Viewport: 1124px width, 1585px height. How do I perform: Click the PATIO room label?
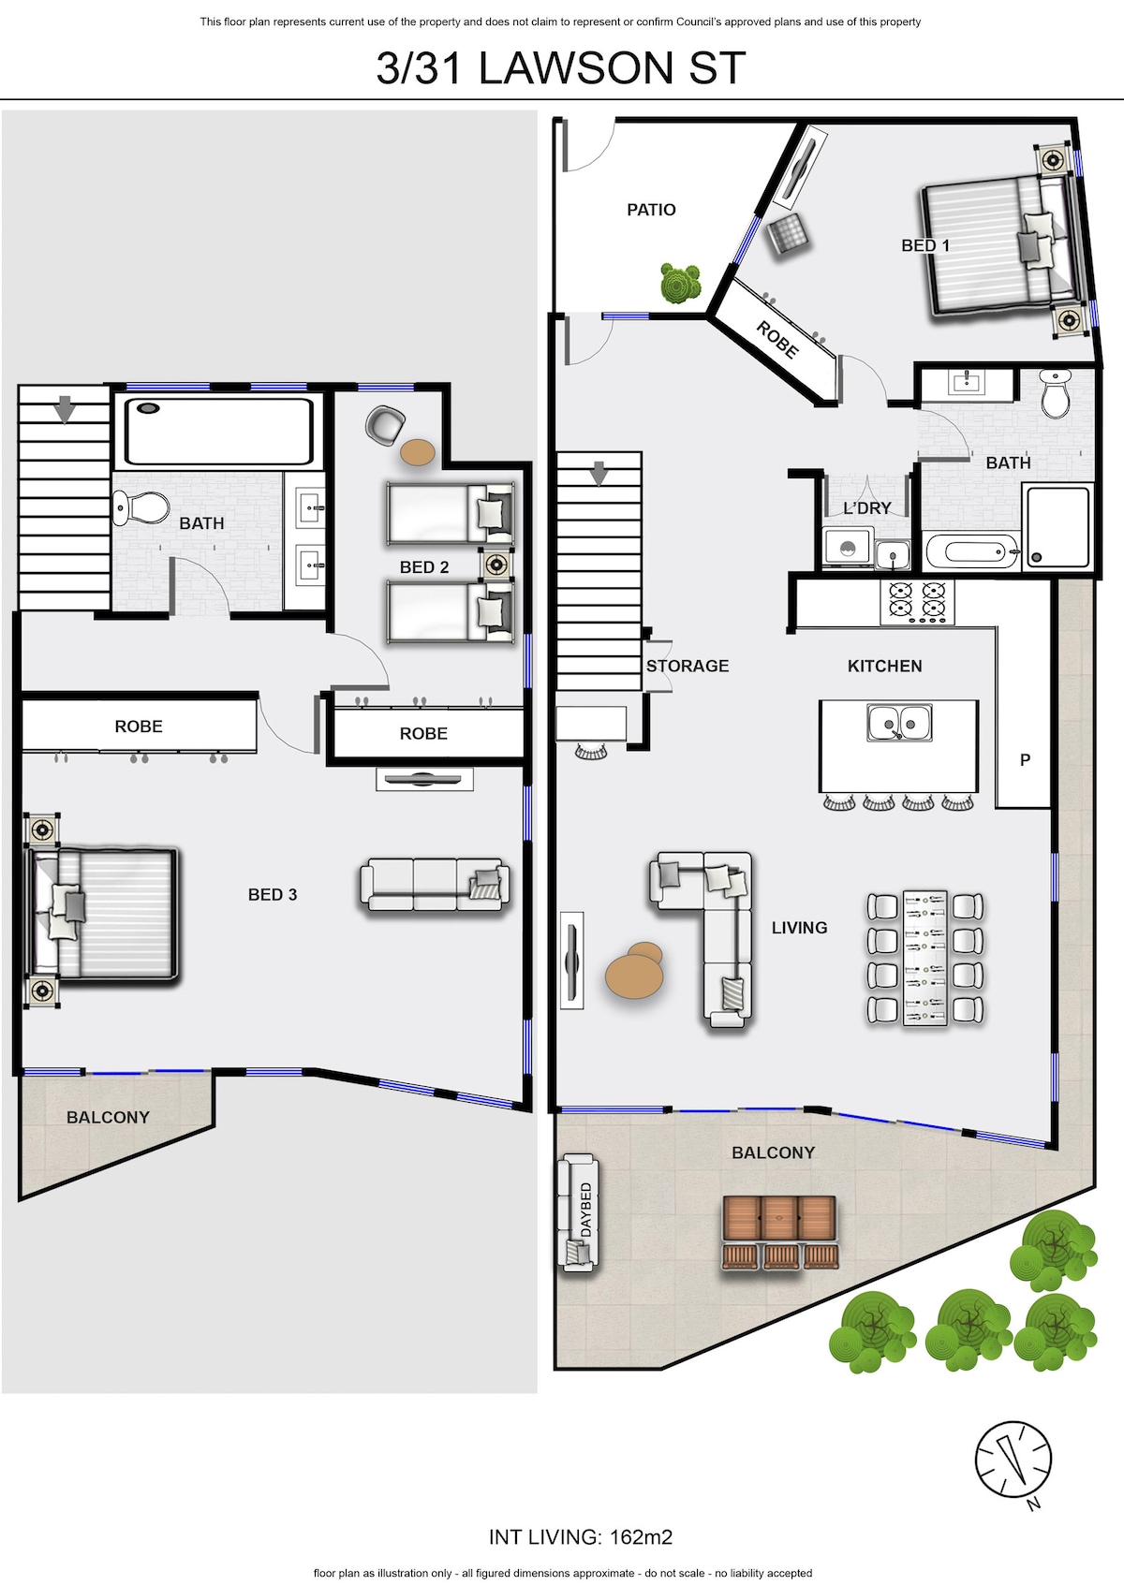coord(651,210)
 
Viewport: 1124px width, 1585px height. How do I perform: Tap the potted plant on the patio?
coord(680,283)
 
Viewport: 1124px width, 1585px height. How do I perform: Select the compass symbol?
coord(1013,1460)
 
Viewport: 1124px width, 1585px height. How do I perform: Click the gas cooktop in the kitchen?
coord(917,602)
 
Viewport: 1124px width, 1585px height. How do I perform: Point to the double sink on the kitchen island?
coord(899,723)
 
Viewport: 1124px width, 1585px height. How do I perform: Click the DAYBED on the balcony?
coord(578,1212)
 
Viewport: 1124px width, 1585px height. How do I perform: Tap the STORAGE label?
coord(688,666)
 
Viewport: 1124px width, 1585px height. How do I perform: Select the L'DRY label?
coord(867,508)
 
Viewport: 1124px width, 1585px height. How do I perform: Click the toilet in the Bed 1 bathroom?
coord(1056,392)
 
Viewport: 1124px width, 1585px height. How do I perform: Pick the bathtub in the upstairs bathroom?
coord(219,432)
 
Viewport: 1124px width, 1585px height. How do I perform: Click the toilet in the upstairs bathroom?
coord(140,507)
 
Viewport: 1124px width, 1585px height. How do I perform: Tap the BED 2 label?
coord(424,567)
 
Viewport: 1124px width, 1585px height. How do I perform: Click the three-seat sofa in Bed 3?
coord(435,885)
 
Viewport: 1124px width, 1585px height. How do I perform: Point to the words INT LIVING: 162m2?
coord(581,1537)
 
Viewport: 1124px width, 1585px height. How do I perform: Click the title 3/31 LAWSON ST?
coord(561,68)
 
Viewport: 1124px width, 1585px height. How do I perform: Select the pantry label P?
coord(1025,760)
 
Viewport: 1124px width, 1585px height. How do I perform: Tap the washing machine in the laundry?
coord(848,547)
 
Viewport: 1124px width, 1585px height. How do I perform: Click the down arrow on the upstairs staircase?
coord(66,409)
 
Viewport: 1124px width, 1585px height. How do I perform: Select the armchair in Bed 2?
coord(385,425)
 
